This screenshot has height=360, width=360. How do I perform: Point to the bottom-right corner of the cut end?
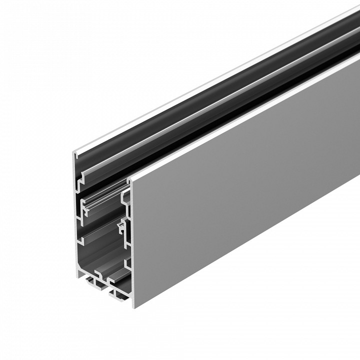click(x=134, y=306)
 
